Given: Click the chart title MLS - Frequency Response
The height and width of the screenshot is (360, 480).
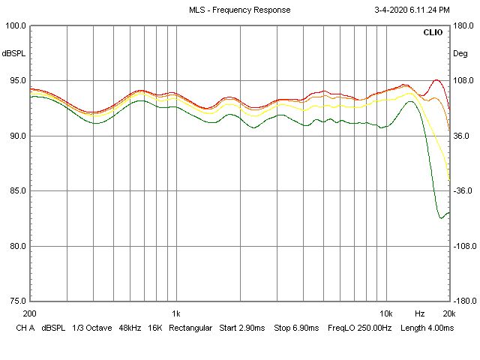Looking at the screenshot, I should pos(240,10).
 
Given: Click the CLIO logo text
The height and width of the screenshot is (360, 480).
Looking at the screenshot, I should pos(433,33).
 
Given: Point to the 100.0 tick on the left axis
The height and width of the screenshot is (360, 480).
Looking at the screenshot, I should pos(16,25).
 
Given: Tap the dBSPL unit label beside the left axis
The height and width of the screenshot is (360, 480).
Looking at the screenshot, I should pos(13,53).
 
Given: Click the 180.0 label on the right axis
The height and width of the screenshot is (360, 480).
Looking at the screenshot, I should pos(463,25).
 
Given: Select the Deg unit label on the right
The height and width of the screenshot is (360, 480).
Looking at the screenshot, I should pos(460,53).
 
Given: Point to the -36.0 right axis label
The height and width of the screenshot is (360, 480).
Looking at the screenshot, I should pos(463,191).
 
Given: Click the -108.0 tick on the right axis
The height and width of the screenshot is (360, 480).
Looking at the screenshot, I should pos(465,246).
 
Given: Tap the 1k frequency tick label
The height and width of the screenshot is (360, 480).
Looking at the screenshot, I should pos(175,313).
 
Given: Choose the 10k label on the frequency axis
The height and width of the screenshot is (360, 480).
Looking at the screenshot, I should pos(385,313).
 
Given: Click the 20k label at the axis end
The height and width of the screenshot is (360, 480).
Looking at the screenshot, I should pos(448,313).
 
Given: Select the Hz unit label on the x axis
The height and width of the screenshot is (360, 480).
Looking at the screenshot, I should pos(420,313).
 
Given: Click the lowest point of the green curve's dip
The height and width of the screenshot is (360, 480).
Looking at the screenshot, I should pos(441,217).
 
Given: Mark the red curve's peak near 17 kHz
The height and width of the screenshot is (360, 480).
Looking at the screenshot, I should pos(436,79).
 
